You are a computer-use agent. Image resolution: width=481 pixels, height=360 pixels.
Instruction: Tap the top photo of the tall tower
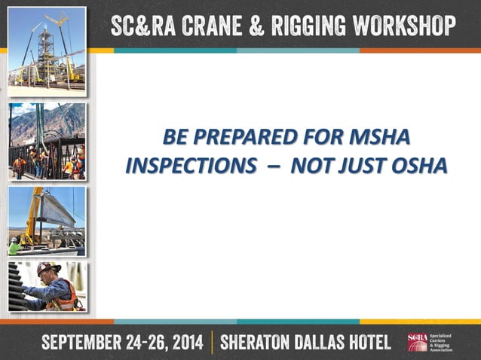(x=47, y=50)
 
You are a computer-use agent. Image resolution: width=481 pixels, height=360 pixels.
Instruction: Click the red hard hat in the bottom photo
(x=47, y=269)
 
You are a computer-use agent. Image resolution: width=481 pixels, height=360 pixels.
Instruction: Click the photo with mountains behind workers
(x=47, y=141)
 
